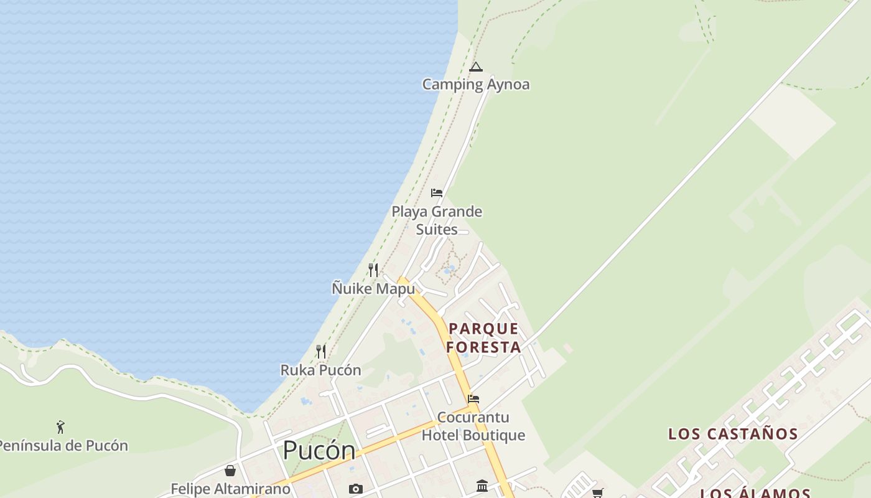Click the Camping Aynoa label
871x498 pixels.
coord(476,84)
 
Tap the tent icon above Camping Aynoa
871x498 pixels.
coord(476,67)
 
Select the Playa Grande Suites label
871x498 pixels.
coord(437,220)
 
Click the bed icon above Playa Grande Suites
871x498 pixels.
coord(437,193)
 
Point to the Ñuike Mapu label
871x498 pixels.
coord(373,288)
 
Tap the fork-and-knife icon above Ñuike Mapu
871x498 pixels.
coord(373,270)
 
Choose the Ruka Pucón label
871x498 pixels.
coord(320,370)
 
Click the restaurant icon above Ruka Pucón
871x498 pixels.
coord(321,352)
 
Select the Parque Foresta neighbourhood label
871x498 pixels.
coord(483,337)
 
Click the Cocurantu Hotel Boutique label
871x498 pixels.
coord(473,426)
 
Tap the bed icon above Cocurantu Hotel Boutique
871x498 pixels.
coord(473,399)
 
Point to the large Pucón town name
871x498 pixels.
coord(319,450)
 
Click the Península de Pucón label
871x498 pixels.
coord(62,446)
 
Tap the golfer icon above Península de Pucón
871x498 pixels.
coord(60,427)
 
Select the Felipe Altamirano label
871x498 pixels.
coord(230,489)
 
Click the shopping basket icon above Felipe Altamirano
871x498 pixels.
coord(230,471)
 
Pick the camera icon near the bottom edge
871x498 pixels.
coord(355,489)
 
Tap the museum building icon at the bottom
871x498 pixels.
coord(482,486)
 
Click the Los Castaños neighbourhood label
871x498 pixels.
coord(733,434)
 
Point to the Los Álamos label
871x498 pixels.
coord(755,493)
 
